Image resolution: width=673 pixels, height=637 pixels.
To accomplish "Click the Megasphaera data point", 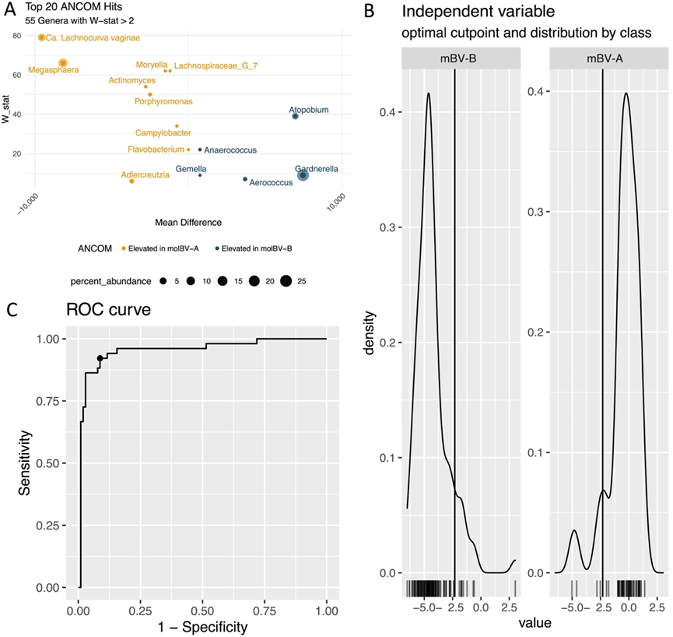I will pos(63,63).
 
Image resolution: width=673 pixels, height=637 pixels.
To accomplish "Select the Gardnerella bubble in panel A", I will pos(303,175).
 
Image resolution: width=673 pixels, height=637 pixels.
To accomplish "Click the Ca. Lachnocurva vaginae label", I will pos(93,37).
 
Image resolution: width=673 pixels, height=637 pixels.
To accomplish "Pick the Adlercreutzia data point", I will pos(131,181).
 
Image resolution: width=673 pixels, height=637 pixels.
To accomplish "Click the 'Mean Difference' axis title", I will pos(184,222).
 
